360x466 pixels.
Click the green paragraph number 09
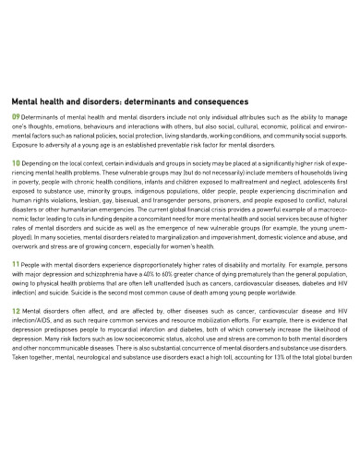coord(15,118)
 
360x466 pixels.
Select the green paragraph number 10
coord(15,162)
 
